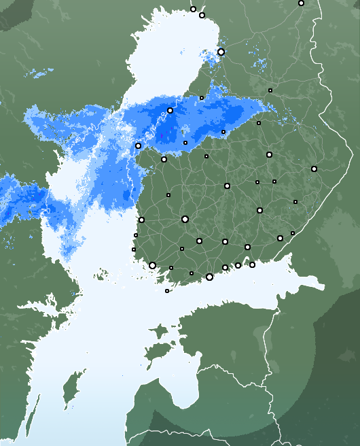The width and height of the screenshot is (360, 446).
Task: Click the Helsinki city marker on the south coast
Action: (209, 277)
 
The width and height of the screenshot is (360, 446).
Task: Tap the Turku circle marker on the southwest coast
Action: (152, 265)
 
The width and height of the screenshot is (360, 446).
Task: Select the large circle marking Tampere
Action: (185, 219)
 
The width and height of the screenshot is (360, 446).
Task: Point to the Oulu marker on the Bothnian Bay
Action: (221, 52)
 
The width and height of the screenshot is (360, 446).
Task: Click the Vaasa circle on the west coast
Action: (138, 145)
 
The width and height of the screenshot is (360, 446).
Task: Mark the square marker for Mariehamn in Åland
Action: (167, 291)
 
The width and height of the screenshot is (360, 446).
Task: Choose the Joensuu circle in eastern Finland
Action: (314, 169)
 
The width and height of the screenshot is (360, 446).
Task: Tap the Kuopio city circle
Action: (269, 154)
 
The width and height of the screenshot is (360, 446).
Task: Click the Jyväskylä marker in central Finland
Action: (227, 186)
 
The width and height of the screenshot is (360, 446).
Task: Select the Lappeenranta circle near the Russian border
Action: (280, 238)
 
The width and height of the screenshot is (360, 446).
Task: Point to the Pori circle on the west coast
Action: (141, 220)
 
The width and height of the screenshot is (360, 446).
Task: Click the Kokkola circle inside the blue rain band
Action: (170, 110)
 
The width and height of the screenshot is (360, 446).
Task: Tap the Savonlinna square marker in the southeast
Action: (295, 202)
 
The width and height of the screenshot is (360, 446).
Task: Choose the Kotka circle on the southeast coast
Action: (252, 264)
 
